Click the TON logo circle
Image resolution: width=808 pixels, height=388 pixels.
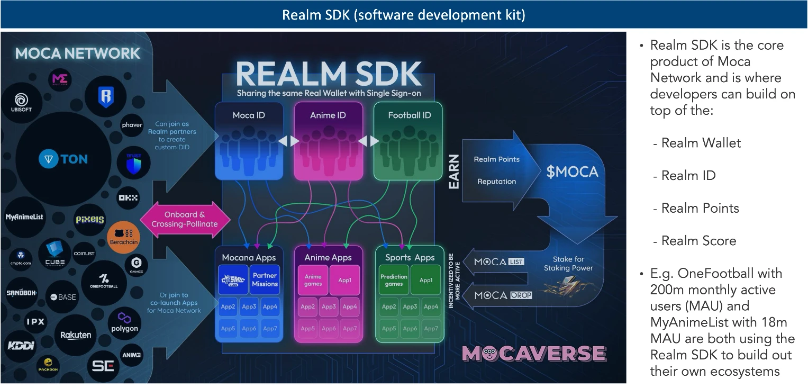[63, 158]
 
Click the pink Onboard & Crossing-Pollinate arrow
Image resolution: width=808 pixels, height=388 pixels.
[185, 219]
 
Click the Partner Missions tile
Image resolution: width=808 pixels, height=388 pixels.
[265, 279]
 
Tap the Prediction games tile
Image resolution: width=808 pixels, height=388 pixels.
[394, 280]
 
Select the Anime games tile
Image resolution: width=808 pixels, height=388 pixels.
[313, 280]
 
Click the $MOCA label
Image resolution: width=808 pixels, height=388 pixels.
[572, 172]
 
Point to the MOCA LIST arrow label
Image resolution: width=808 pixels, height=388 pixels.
[498, 261]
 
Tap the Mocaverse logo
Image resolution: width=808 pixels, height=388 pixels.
[534, 354]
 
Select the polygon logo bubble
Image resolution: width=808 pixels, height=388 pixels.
[124, 322]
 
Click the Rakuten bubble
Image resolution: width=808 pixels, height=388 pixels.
[76, 335]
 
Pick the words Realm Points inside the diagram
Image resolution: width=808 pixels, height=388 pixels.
[496, 159]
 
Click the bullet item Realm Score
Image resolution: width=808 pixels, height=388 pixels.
[698, 241]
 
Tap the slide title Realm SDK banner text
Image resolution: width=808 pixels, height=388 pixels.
[403, 14]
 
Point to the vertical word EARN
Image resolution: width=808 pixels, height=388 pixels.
[454, 172]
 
